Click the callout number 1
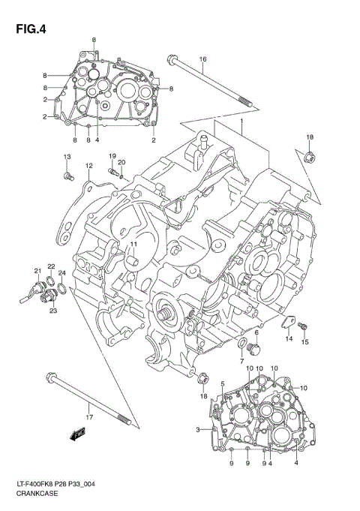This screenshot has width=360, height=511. coord(241,122)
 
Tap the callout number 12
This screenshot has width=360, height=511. coord(88,166)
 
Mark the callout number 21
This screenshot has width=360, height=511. coord(36,271)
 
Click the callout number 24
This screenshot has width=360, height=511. coord(62,272)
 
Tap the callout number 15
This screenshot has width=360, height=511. coord(305,343)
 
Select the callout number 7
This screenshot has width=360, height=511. coord(241,362)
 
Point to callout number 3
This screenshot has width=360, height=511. coord(198,429)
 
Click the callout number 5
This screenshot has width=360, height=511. coord(223,384)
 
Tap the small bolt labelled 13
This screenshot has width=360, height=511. coord(68,176)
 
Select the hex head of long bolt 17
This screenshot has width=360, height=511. coord(49,377)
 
